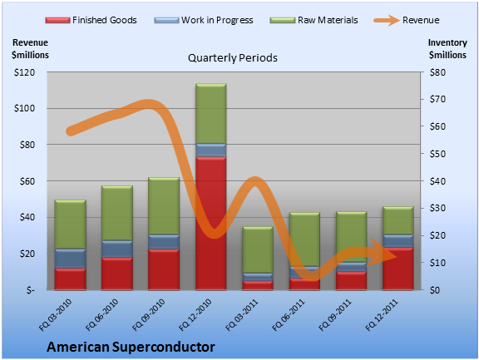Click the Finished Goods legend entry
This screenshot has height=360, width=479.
point(91,20)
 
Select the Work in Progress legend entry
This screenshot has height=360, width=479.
point(204,20)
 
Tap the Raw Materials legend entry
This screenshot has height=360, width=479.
point(314,20)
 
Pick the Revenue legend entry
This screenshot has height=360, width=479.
point(407,20)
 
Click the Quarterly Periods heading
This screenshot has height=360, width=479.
point(233,57)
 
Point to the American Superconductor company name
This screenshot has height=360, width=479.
point(131,347)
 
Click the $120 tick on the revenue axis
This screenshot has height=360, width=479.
point(24,72)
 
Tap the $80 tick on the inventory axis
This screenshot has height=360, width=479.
point(437,72)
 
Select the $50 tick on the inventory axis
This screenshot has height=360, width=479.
point(437,154)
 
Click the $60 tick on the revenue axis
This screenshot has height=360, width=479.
point(27,181)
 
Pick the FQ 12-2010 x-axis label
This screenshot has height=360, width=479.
point(195,315)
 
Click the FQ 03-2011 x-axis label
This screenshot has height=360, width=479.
point(242,315)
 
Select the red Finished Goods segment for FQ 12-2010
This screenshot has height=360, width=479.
point(210,223)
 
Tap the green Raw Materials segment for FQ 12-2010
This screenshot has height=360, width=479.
point(210,114)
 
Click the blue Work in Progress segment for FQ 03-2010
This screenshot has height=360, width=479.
point(70,259)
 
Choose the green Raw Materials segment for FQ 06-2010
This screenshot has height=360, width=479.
point(117,213)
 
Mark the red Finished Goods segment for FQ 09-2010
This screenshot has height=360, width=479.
point(164,269)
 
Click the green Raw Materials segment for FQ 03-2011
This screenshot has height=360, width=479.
point(258,249)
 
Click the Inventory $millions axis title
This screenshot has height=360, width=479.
point(447,49)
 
